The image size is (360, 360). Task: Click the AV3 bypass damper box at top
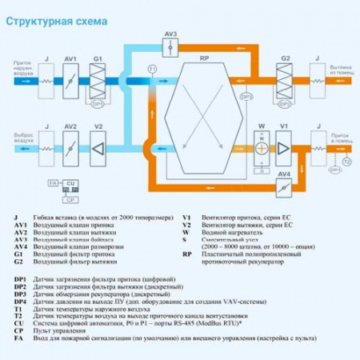[169, 49]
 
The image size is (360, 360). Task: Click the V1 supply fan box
[284, 149]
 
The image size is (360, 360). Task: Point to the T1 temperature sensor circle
[153, 71]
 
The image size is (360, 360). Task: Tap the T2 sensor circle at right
[346, 160]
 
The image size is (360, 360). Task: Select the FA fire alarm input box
[53, 183]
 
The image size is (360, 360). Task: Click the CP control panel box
[70, 198]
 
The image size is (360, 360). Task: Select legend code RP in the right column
[186, 254]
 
